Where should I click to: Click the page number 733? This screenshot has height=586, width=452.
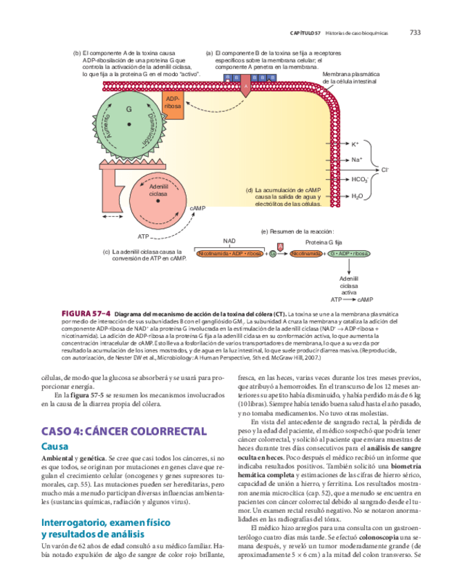415,32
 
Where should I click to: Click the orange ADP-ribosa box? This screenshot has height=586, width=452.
174,104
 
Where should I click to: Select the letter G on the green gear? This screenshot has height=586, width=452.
129,110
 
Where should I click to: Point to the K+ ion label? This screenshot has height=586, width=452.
356,144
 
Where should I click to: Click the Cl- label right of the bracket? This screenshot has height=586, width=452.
385,169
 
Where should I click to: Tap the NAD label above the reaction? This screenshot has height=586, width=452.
229,241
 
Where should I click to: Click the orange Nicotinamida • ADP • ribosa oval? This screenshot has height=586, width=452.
231,254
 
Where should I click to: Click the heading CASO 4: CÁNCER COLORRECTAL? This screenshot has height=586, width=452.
124,431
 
